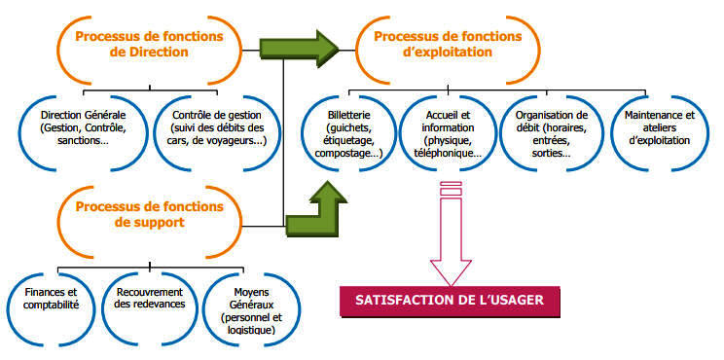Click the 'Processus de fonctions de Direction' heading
coord(149,44)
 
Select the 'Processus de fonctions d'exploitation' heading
coord(448,44)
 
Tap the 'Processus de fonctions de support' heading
coord(149,214)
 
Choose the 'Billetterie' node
coord(348,134)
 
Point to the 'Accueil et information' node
coord(448,134)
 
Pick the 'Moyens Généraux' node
coord(251,311)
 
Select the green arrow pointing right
coord(299,49)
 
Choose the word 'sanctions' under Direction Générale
coord(79,140)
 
